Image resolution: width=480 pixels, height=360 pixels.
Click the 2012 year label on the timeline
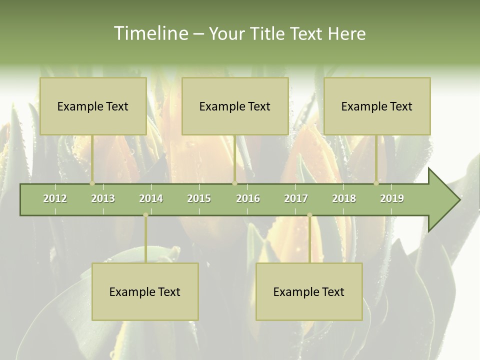point(55,198)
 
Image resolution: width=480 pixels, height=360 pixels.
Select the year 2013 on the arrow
point(103,198)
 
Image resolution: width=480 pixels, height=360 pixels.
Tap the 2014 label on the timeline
point(151,198)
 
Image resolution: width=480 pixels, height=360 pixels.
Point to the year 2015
point(199,198)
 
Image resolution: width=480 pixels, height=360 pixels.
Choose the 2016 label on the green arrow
point(248,198)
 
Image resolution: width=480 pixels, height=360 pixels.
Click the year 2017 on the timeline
point(296,198)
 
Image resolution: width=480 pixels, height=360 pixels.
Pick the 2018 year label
point(344,198)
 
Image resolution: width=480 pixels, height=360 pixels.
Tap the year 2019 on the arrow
point(392,198)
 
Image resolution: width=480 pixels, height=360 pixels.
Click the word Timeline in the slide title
point(149,33)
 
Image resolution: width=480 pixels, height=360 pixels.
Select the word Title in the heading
point(267,33)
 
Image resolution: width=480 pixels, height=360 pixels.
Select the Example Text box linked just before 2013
point(93,106)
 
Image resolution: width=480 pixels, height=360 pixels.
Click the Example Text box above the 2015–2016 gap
point(235,106)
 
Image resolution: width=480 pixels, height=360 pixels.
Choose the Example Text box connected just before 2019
point(377,106)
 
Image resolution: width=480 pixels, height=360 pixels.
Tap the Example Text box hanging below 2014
point(145,291)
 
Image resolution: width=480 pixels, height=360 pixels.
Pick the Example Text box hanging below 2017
point(309,291)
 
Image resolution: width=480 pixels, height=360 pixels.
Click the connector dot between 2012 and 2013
point(92,183)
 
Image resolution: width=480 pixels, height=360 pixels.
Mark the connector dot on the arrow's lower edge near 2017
point(309,215)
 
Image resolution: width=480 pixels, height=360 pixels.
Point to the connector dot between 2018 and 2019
point(376,183)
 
